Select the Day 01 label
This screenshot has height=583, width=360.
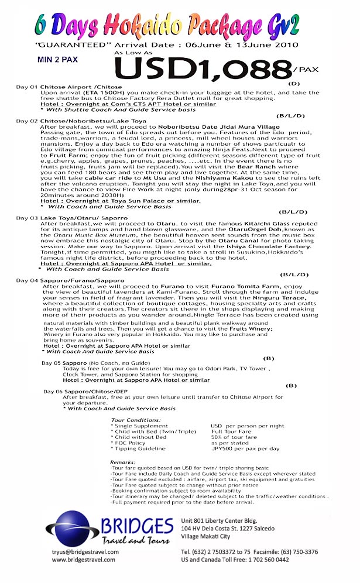(x=26, y=87)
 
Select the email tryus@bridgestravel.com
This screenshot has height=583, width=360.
(x=85, y=551)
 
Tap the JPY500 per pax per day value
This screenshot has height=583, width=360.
(x=245, y=449)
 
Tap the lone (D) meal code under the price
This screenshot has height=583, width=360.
(x=294, y=84)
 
